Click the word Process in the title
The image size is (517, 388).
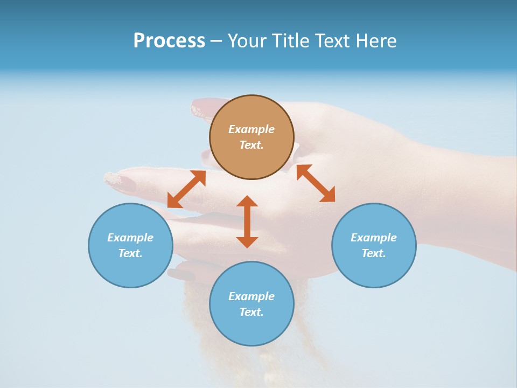coord(169,40)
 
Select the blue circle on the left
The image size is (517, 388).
coord(130,269)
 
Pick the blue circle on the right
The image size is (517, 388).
coord(374,269)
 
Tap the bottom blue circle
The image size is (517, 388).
coord(251,328)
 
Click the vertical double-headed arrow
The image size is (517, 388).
coord(247,221)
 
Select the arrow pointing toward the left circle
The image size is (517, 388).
coord(186,189)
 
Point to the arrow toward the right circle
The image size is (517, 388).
coord(316,183)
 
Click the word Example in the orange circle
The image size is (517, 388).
coord(251,129)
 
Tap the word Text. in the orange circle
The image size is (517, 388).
coord(251,145)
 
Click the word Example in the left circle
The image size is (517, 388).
coord(130,238)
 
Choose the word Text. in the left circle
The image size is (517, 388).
coord(130,253)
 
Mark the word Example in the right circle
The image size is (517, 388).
coord(374,238)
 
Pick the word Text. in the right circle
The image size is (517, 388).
coord(374,253)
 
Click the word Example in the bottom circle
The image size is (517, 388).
coord(251,296)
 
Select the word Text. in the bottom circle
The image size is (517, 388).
coord(251,312)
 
